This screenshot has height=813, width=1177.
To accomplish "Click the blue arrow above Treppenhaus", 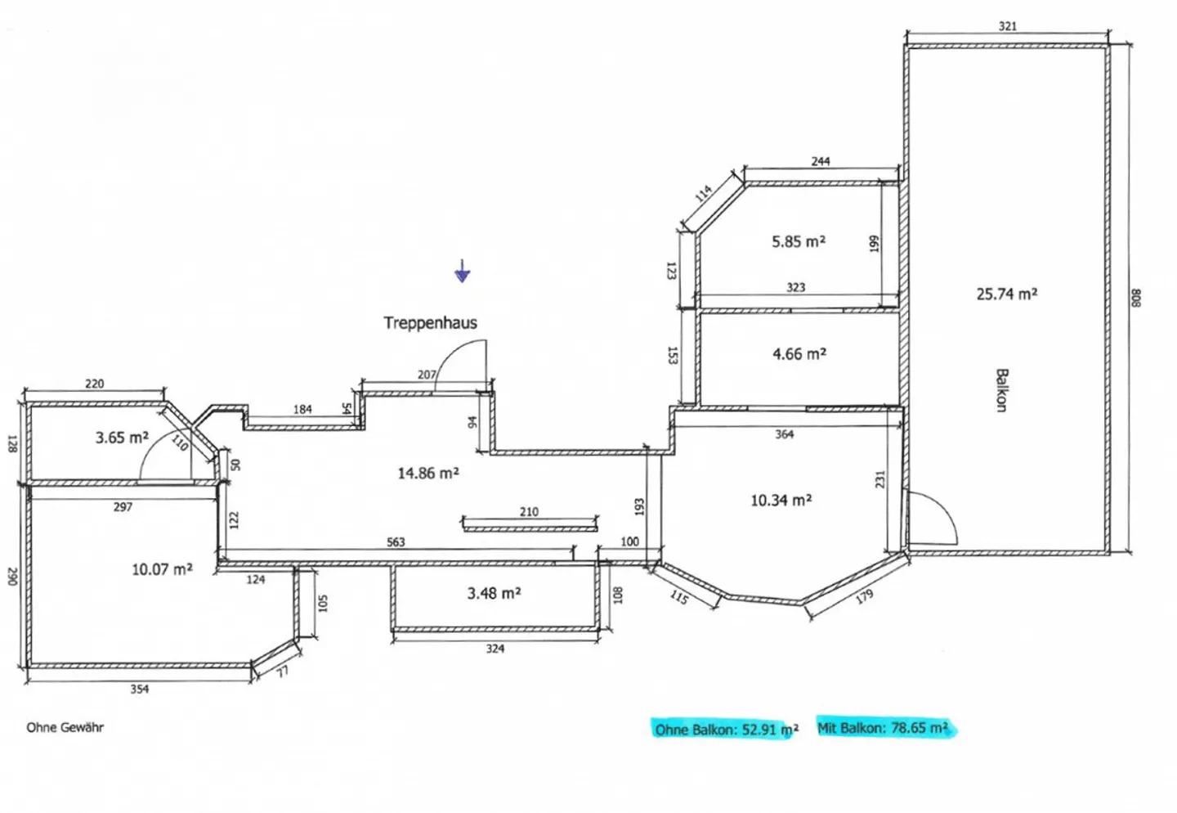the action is [x=463, y=271].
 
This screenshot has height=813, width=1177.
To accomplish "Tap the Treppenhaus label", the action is [x=430, y=322].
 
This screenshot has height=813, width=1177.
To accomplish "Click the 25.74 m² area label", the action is [x=1007, y=294].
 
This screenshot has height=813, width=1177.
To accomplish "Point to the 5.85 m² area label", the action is [x=798, y=241].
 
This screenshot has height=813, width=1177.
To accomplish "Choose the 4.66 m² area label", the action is [x=799, y=353].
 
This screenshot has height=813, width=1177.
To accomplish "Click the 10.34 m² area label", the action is [x=781, y=500].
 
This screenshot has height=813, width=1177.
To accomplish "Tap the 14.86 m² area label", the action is [x=428, y=473].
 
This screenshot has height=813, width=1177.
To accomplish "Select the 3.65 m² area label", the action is [x=122, y=437].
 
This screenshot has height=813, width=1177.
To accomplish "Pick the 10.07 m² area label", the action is [x=162, y=569].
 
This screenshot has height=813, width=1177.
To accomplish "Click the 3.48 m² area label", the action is [x=494, y=593].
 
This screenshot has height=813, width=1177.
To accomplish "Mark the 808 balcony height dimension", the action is [x=1135, y=298].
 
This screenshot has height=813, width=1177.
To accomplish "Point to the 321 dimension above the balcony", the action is [x=1007, y=26].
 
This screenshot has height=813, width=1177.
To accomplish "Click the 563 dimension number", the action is [x=396, y=542].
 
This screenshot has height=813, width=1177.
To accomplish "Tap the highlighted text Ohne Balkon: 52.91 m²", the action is [x=727, y=730].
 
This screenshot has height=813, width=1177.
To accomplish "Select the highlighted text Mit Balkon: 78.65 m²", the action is [x=883, y=728].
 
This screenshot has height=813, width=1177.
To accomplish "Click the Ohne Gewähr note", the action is [x=65, y=727].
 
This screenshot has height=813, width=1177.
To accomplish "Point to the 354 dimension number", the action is [x=140, y=689].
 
